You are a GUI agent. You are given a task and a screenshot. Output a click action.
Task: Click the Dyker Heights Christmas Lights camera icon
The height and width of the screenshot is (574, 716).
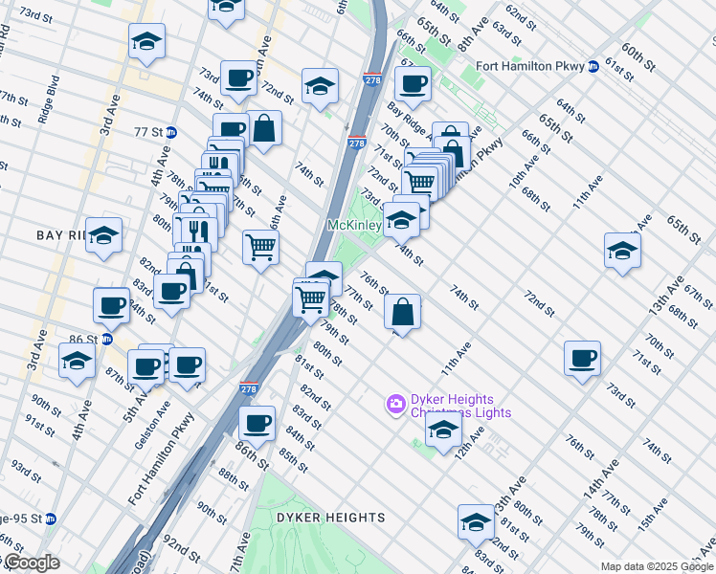pos(394,406)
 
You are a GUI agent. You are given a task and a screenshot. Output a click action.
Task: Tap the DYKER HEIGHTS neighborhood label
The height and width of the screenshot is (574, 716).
pos(330,518)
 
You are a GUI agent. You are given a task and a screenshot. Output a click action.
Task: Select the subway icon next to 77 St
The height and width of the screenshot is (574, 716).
pos(171,132)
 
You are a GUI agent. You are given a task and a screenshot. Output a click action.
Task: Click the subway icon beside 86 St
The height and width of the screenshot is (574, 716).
pos(107,339)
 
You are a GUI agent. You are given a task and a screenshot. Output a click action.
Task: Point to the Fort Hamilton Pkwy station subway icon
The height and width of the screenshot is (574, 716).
pos(593,66)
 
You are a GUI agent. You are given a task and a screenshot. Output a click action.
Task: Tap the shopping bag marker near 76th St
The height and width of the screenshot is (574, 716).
pos(403,312)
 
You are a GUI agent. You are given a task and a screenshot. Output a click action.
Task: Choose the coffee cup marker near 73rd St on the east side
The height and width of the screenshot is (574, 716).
pos(583,360)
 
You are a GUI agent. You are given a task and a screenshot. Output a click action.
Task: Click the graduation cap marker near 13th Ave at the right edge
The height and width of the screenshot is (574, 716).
pos(623,252)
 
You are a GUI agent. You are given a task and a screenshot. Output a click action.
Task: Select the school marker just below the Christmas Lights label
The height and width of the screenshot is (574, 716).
pos(442,430)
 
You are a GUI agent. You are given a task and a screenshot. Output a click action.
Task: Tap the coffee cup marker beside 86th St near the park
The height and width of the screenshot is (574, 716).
pos(257,423)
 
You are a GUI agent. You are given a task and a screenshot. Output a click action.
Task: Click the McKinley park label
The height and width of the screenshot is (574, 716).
pos(353,225)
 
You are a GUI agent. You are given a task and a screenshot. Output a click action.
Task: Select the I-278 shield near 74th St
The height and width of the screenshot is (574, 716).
pos(357,143)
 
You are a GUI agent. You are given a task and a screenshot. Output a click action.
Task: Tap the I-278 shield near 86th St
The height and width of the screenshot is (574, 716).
pos(246,389)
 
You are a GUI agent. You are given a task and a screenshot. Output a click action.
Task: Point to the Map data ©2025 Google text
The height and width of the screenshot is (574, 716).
pos(657,566)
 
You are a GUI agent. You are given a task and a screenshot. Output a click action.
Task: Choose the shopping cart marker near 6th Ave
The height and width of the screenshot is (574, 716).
pos(260,248)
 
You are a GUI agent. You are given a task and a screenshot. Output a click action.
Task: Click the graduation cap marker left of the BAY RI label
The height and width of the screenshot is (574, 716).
pos(103,235)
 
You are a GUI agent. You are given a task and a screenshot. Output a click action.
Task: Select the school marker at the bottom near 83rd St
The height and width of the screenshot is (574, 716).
pos(476,522)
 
